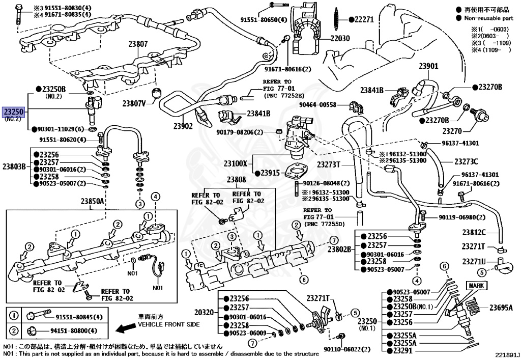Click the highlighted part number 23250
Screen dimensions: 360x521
point(13,112)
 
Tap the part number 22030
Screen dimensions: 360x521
point(340,38)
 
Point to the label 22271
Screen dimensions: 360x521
point(364,19)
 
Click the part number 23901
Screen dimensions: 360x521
point(428,66)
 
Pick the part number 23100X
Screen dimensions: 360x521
point(236,164)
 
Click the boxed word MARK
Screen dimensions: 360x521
point(477,286)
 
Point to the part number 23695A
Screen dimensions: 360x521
point(501,308)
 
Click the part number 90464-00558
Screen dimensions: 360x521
point(318,105)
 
